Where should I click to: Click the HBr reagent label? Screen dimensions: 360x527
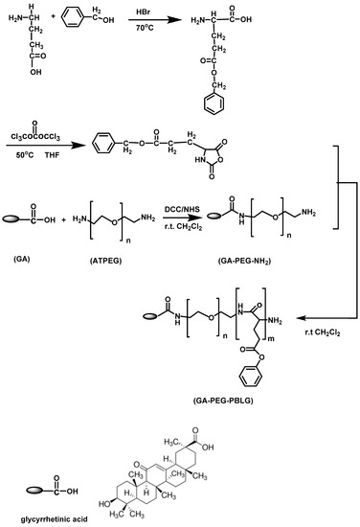tap(143, 12)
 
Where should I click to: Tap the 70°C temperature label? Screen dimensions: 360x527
tap(145, 28)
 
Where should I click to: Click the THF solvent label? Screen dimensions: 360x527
tap(52, 155)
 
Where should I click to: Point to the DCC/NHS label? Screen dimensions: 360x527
tap(182, 210)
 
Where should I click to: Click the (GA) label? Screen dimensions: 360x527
tap(21, 259)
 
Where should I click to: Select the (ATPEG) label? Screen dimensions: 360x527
tap(105, 261)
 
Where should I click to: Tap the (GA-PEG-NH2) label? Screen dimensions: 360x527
tap(244, 261)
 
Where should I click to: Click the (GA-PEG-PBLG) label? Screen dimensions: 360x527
tap(223, 401)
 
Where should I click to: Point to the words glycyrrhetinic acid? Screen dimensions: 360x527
tap(54, 519)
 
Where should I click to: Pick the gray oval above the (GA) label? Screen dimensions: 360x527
tap(11, 219)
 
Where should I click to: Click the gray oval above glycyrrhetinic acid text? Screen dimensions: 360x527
tap(34, 491)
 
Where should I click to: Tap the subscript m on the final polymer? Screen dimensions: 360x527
tap(271, 338)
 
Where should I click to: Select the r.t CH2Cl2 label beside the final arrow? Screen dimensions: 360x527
tap(323, 332)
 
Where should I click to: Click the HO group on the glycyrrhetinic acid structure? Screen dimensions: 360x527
tap(104, 504)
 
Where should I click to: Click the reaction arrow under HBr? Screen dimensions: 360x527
tap(155, 19)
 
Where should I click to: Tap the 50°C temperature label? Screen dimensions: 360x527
tap(25, 155)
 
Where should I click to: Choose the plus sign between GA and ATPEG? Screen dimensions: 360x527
tap(64, 219)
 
